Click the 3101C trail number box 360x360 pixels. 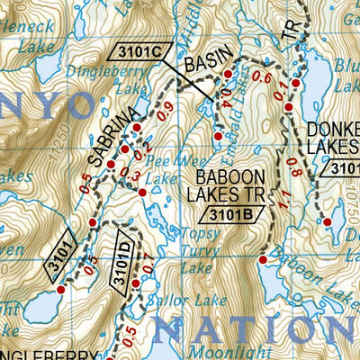pyautogui.click(x=138, y=53)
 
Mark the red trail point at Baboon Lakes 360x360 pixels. pyautogui.click(x=262, y=260)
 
